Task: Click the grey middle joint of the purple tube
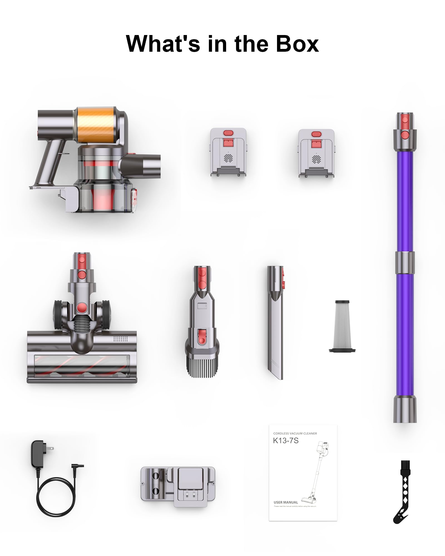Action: pyautogui.click(x=405, y=262)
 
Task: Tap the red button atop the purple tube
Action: pyautogui.click(x=405, y=120)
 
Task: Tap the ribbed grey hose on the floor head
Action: pyautogui.click(x=81, y=326)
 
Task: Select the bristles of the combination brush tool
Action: pyautogui.click(x=202, y=368)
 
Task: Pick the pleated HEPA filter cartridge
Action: pyautogui.click(x=342, y=326)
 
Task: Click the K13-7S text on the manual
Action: pyautogui.click(x=286, y=441)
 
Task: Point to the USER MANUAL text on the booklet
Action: pyautogui.click(x=286, y=502)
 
